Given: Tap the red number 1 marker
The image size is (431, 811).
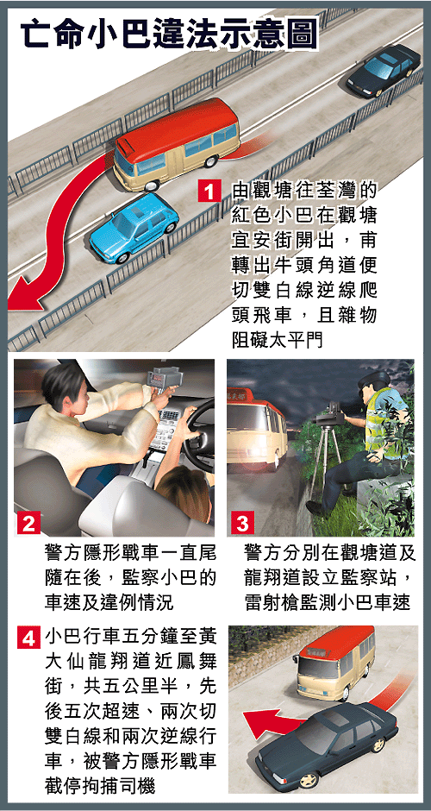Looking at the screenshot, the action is [209, 193].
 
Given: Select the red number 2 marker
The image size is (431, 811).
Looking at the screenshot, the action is [28, 523].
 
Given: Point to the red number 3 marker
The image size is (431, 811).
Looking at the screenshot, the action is [241, 523].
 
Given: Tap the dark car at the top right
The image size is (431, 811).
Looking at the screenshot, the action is [383, 70].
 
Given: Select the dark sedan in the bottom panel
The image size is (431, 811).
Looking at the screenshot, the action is [327, 745].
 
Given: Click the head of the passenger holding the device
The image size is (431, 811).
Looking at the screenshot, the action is [62, 383].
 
